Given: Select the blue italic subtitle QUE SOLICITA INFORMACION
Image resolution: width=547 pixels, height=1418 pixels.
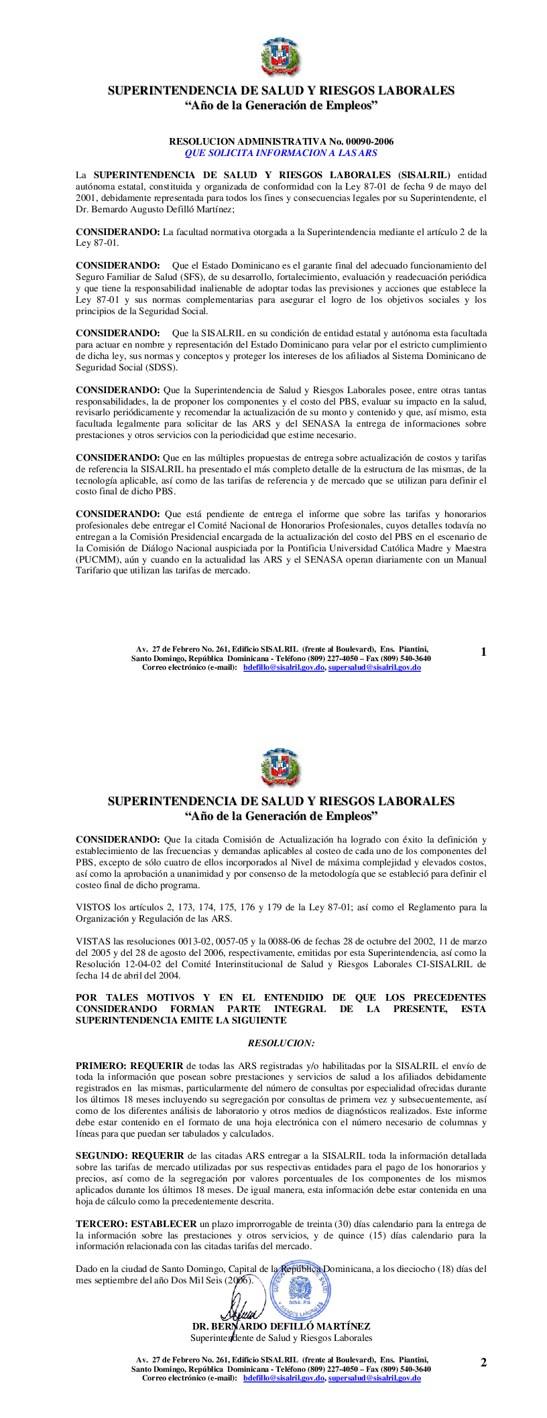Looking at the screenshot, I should [281, 153].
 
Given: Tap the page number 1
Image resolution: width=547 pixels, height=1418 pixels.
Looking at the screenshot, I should [483, 652].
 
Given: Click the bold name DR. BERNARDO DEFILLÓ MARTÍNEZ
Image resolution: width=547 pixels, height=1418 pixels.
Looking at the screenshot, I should [281, 1326].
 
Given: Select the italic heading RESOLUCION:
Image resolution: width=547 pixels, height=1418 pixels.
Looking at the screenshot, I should [281, 1043].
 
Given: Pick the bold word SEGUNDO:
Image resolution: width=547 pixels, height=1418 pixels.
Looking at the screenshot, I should [103, 1155].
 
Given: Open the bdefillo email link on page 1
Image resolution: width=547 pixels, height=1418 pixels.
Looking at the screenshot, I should [284, 668].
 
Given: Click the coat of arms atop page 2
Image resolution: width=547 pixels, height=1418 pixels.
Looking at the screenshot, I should [281, 768].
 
